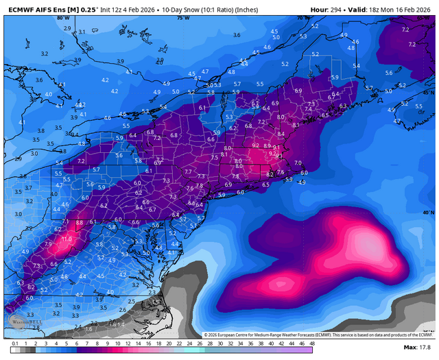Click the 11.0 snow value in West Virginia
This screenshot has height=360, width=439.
pos(67,239)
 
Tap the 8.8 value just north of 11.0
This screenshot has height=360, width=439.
pos(79,223)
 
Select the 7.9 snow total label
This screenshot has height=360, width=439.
pos(48,243)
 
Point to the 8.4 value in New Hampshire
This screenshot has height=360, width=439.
pos(281,134)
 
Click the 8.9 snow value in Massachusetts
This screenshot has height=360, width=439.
pos(267,146)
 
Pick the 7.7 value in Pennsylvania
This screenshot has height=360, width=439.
pos(188,171)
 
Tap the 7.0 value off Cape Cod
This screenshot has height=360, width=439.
pos(298,163)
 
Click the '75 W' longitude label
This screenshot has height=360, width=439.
pos(182,19)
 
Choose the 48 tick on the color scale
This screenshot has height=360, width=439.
pos(311,343)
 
